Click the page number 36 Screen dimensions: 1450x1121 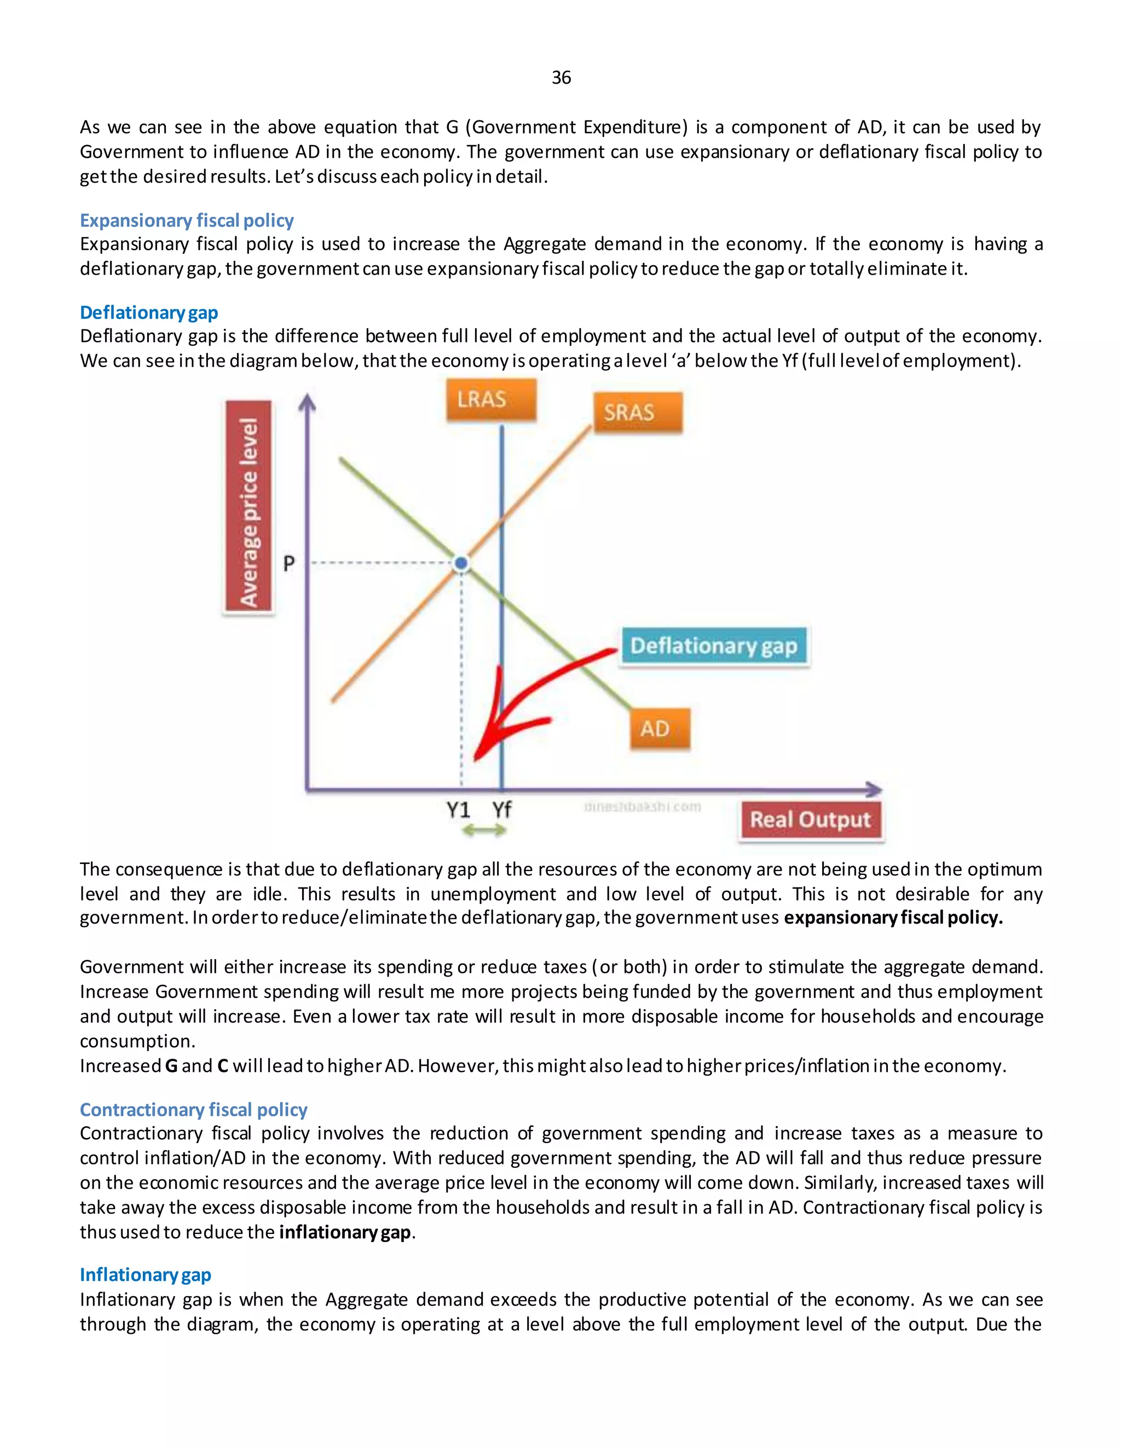560,78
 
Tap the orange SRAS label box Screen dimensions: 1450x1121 638,413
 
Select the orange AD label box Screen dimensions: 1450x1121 660,729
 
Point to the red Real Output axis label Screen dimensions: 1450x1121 810,821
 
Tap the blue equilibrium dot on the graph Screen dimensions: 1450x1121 461,564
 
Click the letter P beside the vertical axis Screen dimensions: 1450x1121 289,564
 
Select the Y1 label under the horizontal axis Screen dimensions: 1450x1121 458,809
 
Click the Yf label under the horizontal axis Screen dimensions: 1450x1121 502,809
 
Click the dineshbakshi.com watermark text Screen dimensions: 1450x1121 642,807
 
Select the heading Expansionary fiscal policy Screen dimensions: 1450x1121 187,221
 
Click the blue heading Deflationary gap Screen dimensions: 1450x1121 149,312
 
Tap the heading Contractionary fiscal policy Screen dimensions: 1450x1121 193,1110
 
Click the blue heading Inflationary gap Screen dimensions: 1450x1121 146,1275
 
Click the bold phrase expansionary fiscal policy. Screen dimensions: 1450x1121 893,918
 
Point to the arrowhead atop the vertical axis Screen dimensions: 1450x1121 307,402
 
